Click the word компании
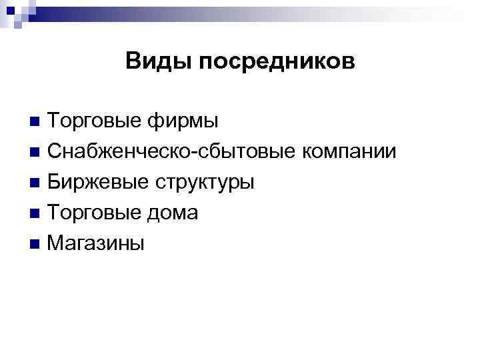[349, 153]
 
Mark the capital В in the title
[132, 62]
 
